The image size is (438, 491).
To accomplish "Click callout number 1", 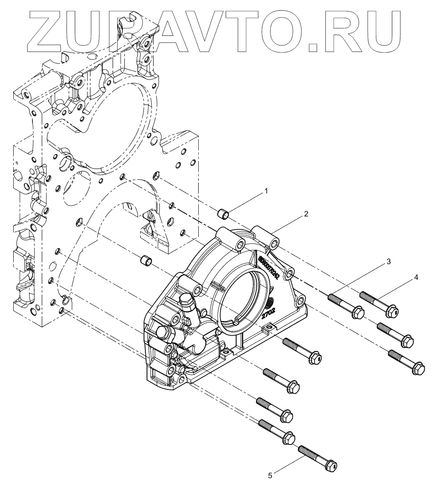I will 266,191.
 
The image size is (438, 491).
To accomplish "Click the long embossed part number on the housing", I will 268,268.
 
